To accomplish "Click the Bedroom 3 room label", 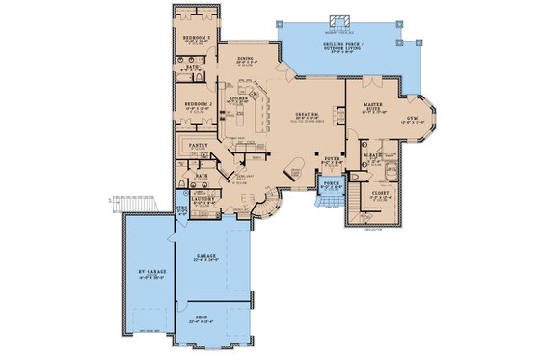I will [x=198, y=38].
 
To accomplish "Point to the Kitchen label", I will [x=240, y=98].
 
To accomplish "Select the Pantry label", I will [x=200, y=148].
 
